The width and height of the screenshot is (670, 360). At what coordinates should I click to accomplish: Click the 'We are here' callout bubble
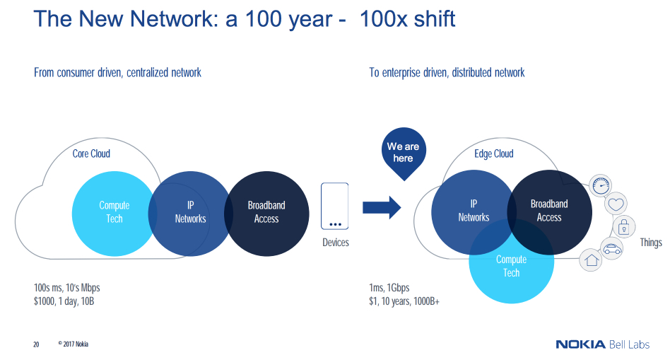403,151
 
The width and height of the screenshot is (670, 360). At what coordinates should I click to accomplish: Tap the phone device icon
335,206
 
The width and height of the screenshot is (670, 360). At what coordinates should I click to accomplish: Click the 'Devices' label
335,243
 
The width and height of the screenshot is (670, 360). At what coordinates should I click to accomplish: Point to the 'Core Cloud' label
91,153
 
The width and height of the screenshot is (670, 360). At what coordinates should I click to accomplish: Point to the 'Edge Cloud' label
494,153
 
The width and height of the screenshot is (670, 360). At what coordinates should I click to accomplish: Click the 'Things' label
650,243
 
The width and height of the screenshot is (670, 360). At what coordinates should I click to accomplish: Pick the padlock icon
624,227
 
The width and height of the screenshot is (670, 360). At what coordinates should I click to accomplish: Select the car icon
611,248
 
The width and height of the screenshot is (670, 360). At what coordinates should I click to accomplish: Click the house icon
591,260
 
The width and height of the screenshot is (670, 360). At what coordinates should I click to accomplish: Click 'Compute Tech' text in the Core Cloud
114,212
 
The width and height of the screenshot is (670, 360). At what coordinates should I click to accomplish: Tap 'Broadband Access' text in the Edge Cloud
549,211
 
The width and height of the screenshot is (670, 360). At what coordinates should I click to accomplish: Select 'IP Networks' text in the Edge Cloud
474,211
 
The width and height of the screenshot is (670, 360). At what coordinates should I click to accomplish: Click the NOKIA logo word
580,344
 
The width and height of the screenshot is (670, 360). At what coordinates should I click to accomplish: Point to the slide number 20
36,345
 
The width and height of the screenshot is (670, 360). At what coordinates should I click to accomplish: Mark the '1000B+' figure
425,302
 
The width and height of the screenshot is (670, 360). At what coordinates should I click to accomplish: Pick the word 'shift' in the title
431,19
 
